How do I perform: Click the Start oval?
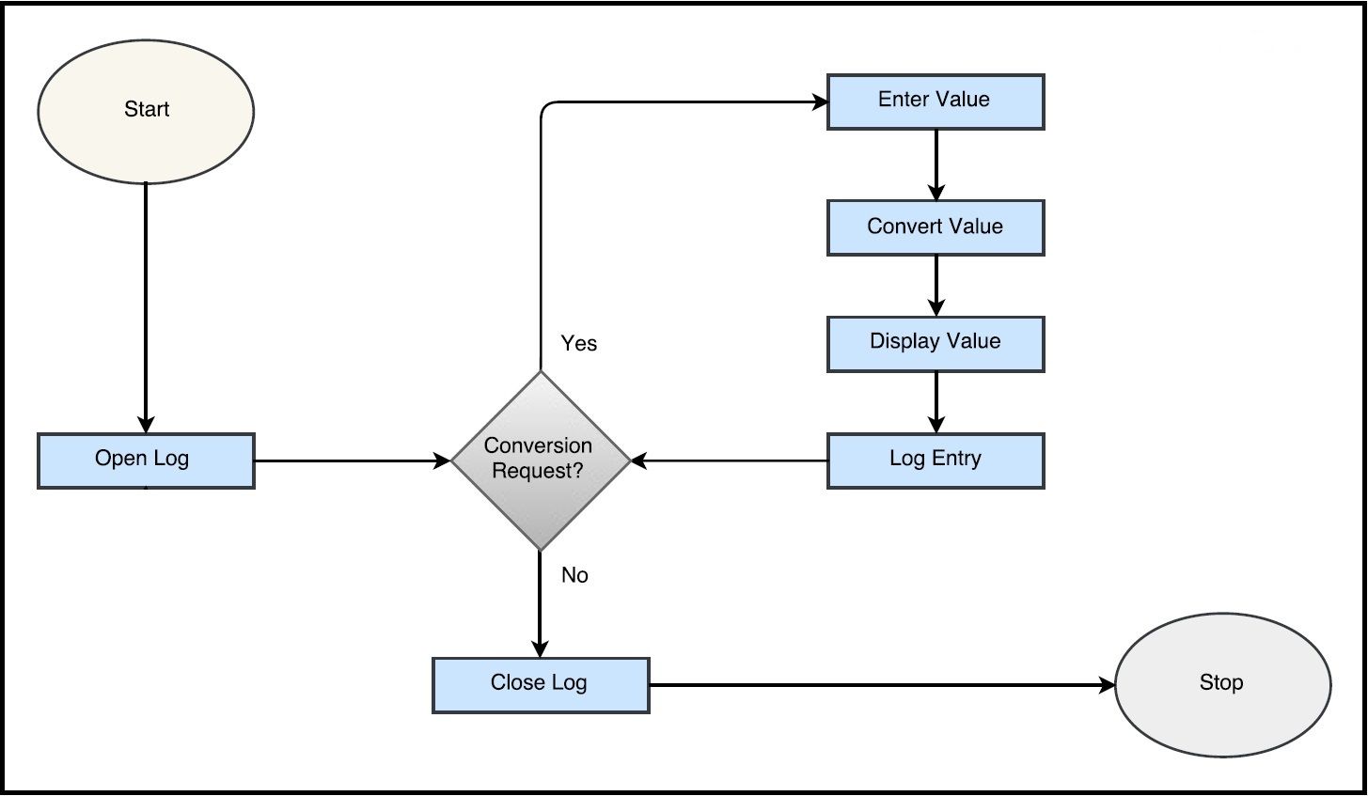[146, 110]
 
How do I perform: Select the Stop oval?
[1222, 684]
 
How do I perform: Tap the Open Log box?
[146, 460]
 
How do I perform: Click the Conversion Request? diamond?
[540, 460]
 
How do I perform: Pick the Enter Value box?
[936, 101]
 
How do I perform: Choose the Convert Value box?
[936, 227]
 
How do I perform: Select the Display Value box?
[936, 343]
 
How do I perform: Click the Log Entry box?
[936, 460]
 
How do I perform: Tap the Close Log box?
[541, 684]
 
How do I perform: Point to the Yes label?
[579, 344]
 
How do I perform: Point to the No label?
[574, 575]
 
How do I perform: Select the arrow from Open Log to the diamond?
[353, 460]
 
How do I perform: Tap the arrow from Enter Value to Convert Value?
[936, 164]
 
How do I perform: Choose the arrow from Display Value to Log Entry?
[936, 402]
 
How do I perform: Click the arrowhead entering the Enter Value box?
[818, 101]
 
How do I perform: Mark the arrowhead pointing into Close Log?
[540, 648]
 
